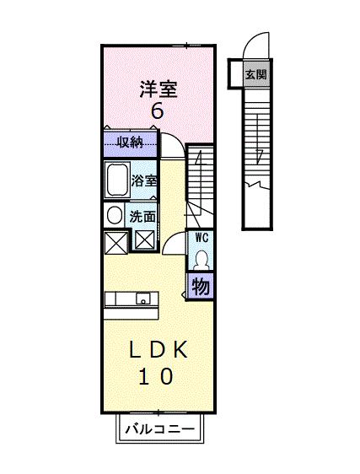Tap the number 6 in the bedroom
pyautogui.click(x=157, y=112)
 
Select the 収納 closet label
pyautogui.click(x=129, y=142)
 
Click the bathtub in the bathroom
pyautogui.click(x=116, y=180)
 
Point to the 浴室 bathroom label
pyautogui.click(x=144, y=180)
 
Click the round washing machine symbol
pyautogui.click(x=113, y=214)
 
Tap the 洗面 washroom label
pyautogui.click(x=142, y=216)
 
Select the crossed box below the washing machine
pyautogui.click(x=114, y=241)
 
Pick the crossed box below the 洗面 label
pyautogui.click(x=144, y=240)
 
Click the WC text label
pyautogui.click(x=201, y=238)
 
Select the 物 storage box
pyautogui.click(x=201, y=286)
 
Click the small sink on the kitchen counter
pyautogui.click(x=144, y=299)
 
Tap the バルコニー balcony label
pyautogui.click(x=159, y=429)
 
